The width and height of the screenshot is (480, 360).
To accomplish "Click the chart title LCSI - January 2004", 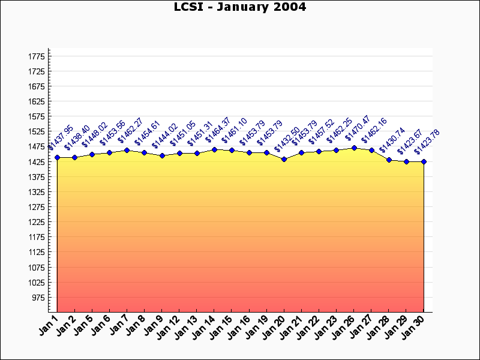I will [240, 7].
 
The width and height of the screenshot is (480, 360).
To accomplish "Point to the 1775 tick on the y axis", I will [37, 56].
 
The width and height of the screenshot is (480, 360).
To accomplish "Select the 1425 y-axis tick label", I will [37, 162].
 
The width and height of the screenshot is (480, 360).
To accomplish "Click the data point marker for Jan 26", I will [354, 148].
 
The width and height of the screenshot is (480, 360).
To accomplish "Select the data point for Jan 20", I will [284, 159].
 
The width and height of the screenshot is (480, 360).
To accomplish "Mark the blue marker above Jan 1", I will [57, 157].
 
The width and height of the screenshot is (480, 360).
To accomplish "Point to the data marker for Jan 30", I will [424, 161].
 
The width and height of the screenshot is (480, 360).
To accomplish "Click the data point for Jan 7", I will [127, 150].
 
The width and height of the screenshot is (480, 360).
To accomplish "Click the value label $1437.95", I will [61, 138].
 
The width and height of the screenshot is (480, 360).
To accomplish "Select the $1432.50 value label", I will [287, 140].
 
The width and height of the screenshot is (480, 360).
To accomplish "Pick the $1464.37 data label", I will [218, 131].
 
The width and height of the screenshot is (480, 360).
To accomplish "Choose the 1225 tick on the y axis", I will [37, 222].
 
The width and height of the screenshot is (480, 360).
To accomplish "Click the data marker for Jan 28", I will [389, 160].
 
